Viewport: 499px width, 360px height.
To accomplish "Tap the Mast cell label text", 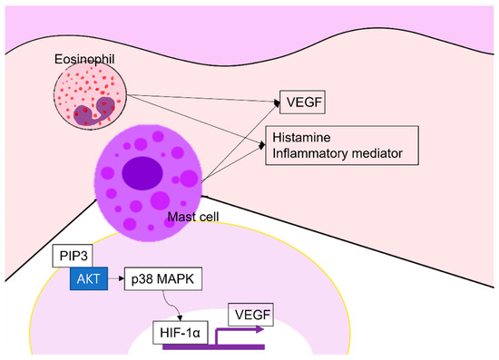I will click(x=193, y=218).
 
